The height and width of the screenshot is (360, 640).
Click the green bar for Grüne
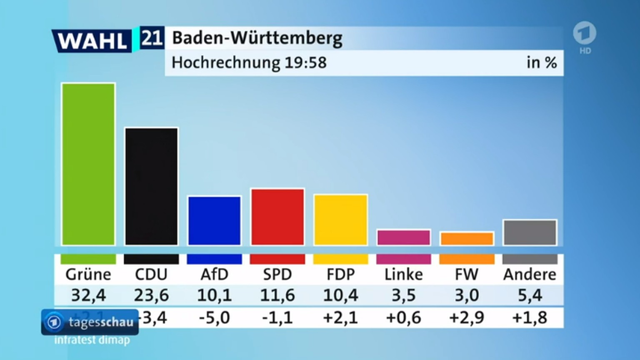(x=88, y=164)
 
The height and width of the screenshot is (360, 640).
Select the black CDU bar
(x=151, y=186)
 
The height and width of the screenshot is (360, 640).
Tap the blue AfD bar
(x=214, y=220)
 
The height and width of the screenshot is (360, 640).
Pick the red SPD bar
(x=277, y=217)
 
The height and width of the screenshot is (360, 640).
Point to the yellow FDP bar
(x=340, y=220)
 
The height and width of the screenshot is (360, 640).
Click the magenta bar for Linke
(x=403, y=237)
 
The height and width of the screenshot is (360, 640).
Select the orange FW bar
(x=467, y=239)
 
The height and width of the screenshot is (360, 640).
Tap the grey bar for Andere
(x=530, y=232)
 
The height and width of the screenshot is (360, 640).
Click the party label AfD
(x=214, y=275)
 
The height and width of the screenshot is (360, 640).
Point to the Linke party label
(x=403, y=275)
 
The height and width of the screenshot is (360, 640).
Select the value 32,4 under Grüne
(x=88, y=295)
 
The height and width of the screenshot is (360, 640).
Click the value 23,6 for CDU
(x=151, y=295)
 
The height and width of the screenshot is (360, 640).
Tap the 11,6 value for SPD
(x=277, y=295)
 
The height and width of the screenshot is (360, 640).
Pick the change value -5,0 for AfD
(x=214, y=318)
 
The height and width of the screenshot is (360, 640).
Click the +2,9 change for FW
(x=467, y=318)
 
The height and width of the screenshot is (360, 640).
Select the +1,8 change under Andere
(x=530, y=318)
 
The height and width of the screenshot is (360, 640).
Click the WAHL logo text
(x=92, y=41)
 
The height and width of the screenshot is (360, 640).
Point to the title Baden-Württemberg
(x=257, y=38)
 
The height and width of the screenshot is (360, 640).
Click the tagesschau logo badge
(x=90, y=322)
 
